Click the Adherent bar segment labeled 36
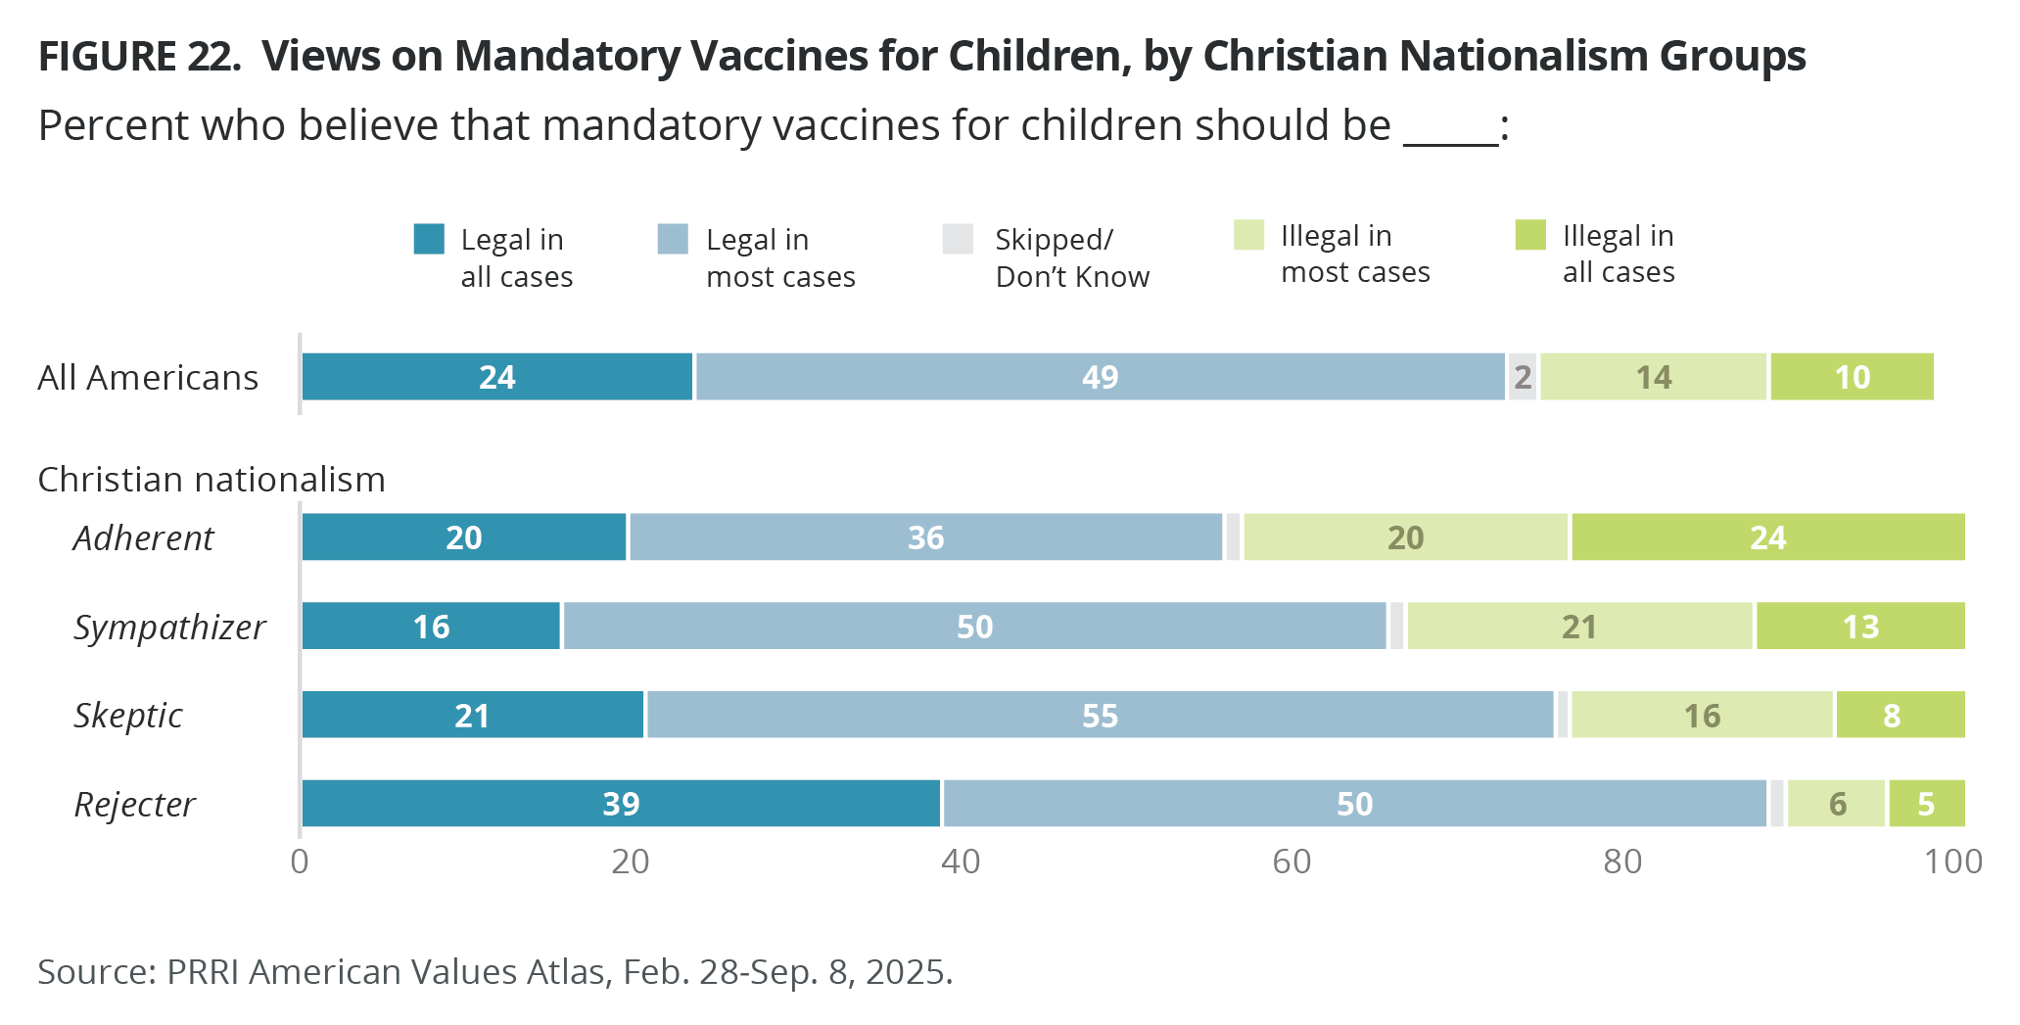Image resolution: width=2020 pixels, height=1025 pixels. pyautogui.click(x=925, y=537)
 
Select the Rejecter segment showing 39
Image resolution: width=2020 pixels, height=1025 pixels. pyautogui.click(x=621, y=804)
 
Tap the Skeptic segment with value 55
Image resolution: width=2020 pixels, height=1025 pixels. pyautogui.click(x=1100, y=715)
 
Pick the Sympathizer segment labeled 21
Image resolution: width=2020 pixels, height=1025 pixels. pyautogui.click(x=1579, y=627)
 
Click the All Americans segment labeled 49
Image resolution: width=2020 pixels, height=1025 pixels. pyautogui.click(x=1100, y=377)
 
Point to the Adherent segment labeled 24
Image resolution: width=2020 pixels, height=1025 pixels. pyautogui.click(x=1768, y=537)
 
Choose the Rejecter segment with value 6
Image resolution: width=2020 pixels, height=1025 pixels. pyautogui.click(x=1837, y=804)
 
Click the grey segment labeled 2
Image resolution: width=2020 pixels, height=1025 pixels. pyautogui.click(x=1523, y=377)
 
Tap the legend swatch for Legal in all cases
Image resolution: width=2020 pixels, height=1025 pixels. pyautogui.click(x=429, y=240)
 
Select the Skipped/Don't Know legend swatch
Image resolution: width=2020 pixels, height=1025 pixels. pyautogui.click(x=958, y=240)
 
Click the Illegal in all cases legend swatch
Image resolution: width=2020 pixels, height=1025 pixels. pyautogui.click(x=1530, y=236)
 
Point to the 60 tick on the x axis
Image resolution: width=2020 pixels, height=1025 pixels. pyautogui.click(x=1292, y=862)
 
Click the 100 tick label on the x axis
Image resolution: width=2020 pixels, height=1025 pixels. pyautogui.click(x=1952, y=862)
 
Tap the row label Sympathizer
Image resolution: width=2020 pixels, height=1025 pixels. pyautogui.click(x=169, y=628)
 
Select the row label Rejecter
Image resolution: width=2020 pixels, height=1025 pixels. pyautogui.click(x=135, y=805)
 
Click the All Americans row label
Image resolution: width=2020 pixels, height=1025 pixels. pyautogui.click(x=148, y=378)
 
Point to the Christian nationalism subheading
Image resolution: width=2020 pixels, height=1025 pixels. pyautogui.click(x=211, y=480)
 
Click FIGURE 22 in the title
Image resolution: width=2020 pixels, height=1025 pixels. pyautogui.click(x=139, y=57)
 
